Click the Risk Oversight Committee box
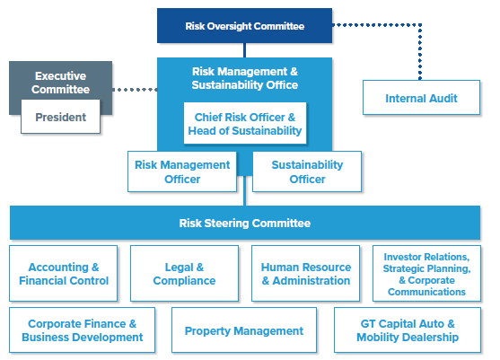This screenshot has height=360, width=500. pyautogui.click(x=244, y=25)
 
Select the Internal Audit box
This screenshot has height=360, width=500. pyautogui.click(x=421, y=98)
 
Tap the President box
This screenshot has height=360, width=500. pyautogui.click(x=60, y=117)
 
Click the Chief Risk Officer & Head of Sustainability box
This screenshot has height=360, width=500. pyautogui.click(x=245, y=123)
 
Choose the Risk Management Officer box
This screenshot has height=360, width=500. pyautogui.click(x=182, y=171)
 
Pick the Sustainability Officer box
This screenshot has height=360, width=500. pyautogui.click(x=307, y=171)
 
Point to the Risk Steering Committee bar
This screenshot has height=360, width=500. pyautogui.click(x=245, y=223)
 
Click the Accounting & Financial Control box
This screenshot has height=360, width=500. pyautogui.click(x=64, y=274)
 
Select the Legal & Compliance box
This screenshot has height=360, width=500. pyautogui.click(x=184, y=274)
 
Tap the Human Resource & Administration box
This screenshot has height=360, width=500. pyautogui.click(x=306, y=274)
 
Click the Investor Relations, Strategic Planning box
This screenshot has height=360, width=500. pyautogui.click(x=426, y=274)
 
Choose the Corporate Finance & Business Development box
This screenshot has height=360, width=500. pyautogui.click(x=83, y=330)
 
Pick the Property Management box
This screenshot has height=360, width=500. pyautogui.click(x=244, y=330)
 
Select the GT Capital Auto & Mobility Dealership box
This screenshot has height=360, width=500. pyautogui.click(x=408, y=330)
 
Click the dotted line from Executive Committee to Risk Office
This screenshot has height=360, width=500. pyautogui.click(x=135, y=90)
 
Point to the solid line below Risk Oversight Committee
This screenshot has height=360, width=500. pyautogui.click(x=244, y=50)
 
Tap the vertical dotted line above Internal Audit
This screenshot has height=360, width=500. pyautogui.click(x=420, y=52)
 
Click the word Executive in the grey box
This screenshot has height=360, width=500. pyautogui.click(x=60, y=76)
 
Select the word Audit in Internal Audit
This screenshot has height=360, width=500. pyautogui.click(x=443, y=98)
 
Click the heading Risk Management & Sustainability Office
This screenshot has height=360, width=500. pyautogui.click(x=245, y=78)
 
